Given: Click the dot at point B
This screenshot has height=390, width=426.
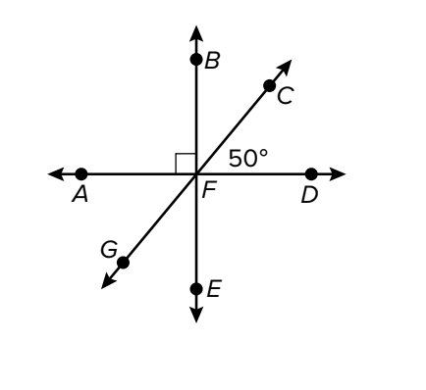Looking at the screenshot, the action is click(x=196, y=60).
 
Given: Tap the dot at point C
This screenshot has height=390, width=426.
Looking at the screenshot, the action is click(x=269, y=86).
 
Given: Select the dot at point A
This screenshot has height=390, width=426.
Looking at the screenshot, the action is click(x=81, y=174).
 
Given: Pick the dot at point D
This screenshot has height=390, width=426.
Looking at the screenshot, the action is click(x=311, y=174).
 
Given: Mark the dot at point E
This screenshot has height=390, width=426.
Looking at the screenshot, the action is click(x=196, y=289).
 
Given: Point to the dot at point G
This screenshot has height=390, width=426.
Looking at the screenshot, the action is click(x=123, y=263).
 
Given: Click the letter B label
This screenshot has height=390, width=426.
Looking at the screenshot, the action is click(x=212, y=61).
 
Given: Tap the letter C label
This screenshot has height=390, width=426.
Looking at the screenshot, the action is click(x=285, y=96).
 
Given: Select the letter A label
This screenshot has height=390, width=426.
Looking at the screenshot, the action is click(x=80, y=195).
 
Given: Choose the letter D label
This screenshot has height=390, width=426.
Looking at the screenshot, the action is click(x=309, y=196).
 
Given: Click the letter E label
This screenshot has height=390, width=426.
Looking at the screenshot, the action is click(x=214, y=289).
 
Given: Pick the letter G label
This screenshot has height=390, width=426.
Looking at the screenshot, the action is click(x=109, y=250).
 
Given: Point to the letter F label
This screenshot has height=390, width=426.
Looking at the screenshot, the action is click(x=209, y=190).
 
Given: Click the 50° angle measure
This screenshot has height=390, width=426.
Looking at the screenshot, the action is click(x=248, y=159).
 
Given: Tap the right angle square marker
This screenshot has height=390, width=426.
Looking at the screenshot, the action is click(x=186, y=164).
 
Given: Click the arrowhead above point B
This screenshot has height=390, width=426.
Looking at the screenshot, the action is click(x=196, y=33).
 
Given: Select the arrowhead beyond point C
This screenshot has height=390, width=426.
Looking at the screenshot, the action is click(x=284, y=68).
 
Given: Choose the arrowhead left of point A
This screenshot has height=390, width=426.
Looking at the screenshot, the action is click(x=56, y=174).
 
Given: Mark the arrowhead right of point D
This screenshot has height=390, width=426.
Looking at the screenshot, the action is click(x=337, y=174).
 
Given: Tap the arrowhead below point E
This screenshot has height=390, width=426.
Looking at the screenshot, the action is click(x=196, y=315).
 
